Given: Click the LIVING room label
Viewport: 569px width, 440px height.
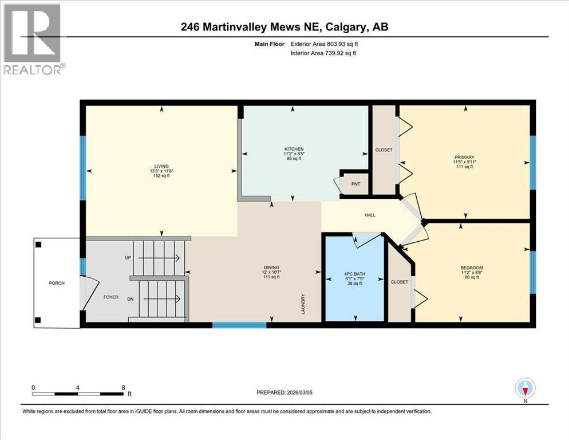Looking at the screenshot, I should [x=160, y=166].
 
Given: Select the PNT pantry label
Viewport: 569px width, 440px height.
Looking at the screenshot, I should [x=355, y=184].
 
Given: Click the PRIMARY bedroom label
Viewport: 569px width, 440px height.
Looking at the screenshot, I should [x=464, y=157].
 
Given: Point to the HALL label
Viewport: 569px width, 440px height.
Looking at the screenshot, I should [x=370, y=215].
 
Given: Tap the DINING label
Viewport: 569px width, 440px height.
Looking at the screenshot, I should [x=271, y=267].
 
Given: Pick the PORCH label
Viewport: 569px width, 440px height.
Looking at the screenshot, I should [x=57, y=283].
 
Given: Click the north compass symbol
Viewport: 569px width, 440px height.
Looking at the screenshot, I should [x=525, y=388].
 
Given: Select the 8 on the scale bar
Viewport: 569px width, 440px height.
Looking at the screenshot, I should [x=123, y=388].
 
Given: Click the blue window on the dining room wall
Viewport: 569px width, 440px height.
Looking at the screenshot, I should [x=239, y=325].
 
